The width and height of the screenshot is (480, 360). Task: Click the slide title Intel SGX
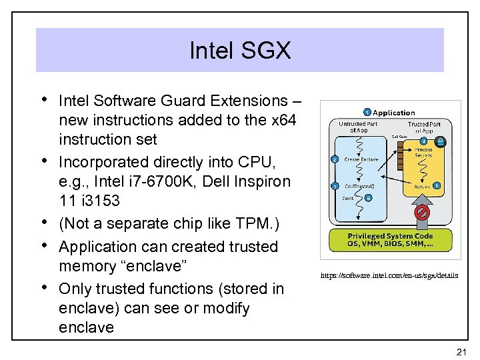(240, 51)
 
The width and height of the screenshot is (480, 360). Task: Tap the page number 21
(459, 351)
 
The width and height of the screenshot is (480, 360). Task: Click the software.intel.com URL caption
(389, 275)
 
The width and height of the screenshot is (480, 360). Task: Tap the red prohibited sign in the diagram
(421, 213)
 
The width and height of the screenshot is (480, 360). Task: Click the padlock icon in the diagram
(441, 141)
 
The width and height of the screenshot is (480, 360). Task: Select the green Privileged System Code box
(390, 240)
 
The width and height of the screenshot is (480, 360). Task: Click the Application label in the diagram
(393, 113)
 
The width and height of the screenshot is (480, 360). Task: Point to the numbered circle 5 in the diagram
(437, 185)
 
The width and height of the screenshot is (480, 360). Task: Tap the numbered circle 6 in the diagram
(369, 197)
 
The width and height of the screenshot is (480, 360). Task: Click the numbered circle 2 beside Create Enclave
(335, 159)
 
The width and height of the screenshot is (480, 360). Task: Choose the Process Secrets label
(423, 153)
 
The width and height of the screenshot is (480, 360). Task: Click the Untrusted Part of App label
(358, 127)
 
